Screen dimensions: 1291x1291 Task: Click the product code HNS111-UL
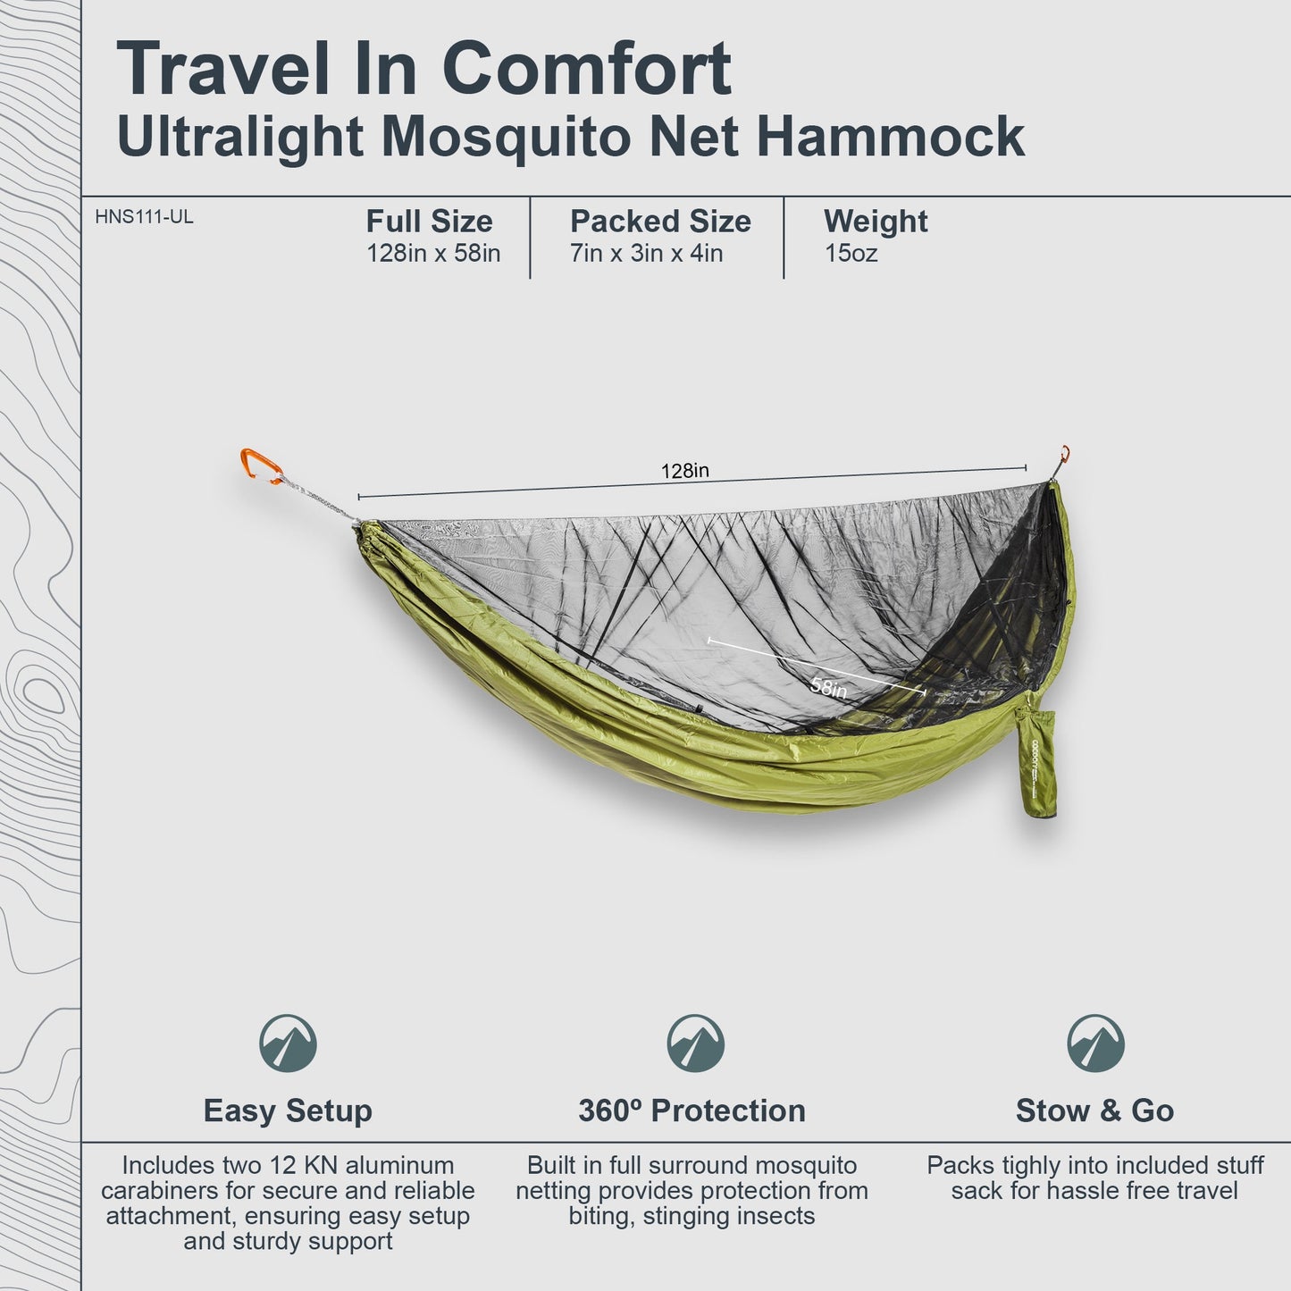tap(144, 217)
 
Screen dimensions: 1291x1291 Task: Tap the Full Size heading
tap(429, 222)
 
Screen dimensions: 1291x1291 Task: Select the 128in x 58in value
tap(433, 254)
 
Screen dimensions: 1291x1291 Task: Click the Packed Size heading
tap(660, 222)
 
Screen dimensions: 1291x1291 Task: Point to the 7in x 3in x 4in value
tap(646, 254)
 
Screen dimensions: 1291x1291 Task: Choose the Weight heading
tap(876, 222)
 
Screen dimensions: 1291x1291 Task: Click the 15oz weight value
tap(851, 254)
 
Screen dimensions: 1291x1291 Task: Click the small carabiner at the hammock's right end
tap(1064, 456)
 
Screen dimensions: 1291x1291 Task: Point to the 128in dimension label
tap(685, 471)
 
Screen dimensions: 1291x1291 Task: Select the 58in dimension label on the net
tap(828, 687)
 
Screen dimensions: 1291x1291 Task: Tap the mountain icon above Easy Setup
tap(288, 1044)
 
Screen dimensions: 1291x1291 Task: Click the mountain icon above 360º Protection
tap(695, 1044)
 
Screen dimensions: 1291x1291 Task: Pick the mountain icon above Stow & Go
tap(1095, 1044)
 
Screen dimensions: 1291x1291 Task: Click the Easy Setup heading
tap(288, 1111)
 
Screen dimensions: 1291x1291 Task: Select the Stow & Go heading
tap(1094, 1111)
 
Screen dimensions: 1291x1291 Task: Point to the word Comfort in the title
tap(587, 70)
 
